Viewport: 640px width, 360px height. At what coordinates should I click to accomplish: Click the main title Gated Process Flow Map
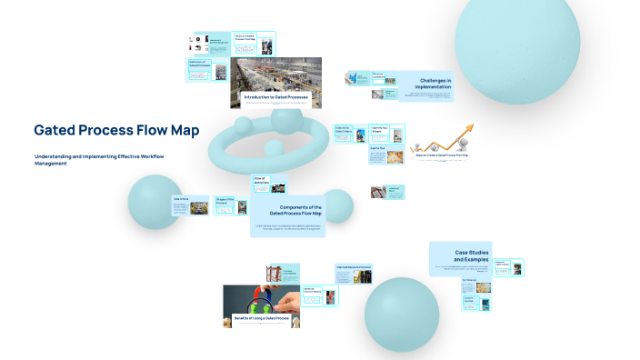coord(116,130)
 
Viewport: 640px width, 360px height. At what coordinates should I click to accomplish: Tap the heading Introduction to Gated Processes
coord(275,96)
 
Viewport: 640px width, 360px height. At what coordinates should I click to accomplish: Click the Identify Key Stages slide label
coord(383,129)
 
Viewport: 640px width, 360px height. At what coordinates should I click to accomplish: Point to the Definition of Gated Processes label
coord(199,65)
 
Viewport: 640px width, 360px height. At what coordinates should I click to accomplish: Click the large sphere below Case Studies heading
coord(401,313)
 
